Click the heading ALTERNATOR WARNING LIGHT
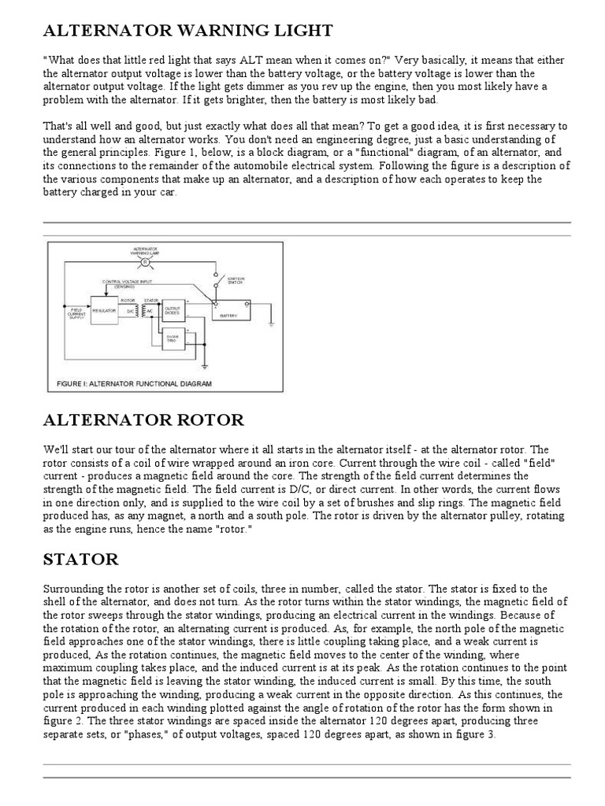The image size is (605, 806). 188,31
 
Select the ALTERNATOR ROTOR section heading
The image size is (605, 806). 143,420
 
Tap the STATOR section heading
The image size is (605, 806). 81,560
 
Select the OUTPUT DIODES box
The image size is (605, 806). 173,309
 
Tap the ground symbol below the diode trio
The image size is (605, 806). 203,366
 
